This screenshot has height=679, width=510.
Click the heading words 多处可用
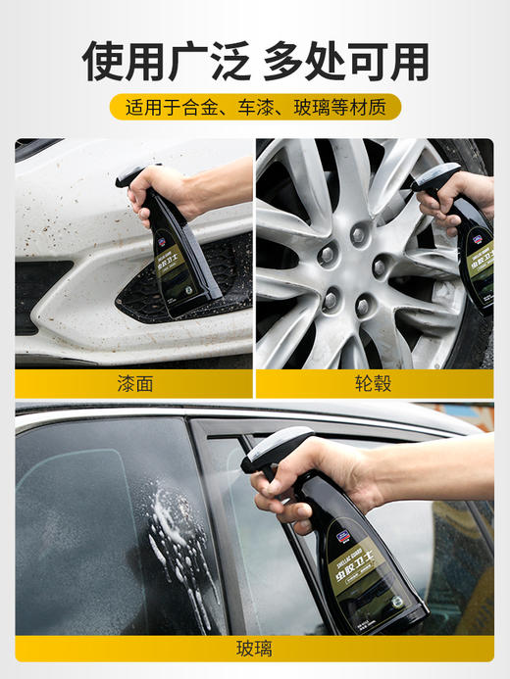346,62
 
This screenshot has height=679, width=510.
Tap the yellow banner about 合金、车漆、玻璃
255,107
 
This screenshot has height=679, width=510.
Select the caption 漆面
133,383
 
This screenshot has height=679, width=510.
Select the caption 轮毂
375,383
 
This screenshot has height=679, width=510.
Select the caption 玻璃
254,649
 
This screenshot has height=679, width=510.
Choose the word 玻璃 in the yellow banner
312,107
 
